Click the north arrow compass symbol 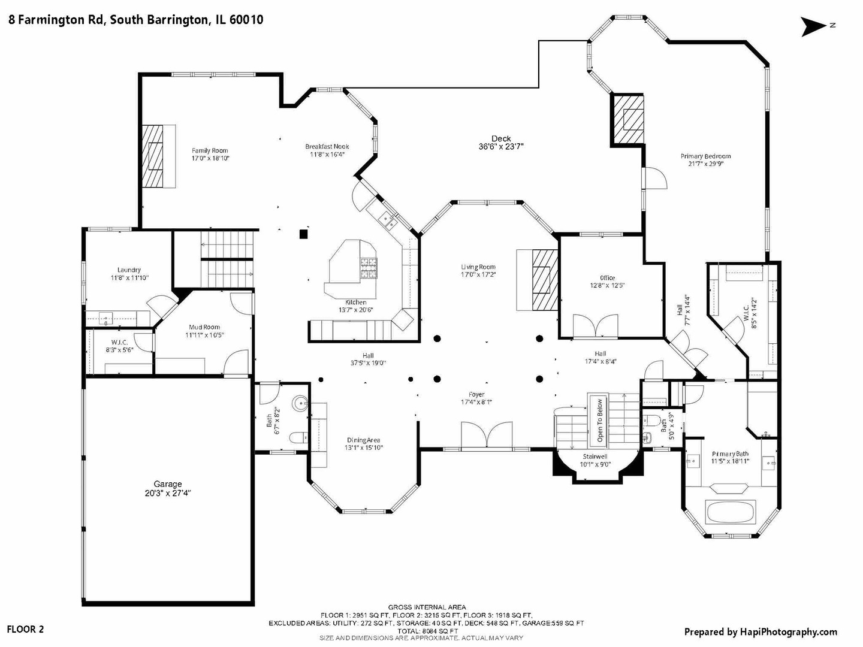[814, 26]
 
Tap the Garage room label [168, 484]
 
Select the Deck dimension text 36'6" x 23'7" [501, 146]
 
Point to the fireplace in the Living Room [545, 280]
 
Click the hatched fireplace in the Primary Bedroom [627, 119]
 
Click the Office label [607, 278]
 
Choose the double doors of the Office [595, 326]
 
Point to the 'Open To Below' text [600, 421]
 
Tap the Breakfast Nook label [327, 147]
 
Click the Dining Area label [363, 440]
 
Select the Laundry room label [129, 270]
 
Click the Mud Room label [204, 327]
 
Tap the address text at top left [135, 20]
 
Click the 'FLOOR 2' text [25, 629]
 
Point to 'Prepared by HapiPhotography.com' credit [761, 631]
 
